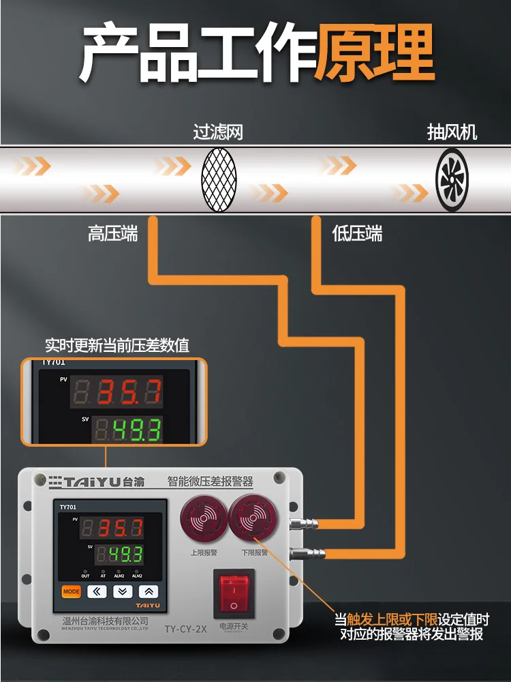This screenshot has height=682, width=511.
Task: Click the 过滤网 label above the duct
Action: [218, 131]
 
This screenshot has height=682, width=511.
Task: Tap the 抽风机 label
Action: [452, 131]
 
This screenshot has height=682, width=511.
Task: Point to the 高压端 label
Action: [113, 234]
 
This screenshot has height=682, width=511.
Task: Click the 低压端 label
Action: [357, 234]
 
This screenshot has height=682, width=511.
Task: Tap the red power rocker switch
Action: [234, 593]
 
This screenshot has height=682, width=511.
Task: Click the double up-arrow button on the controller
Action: [149, 591]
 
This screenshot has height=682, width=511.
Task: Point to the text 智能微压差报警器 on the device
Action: [211, 481]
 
